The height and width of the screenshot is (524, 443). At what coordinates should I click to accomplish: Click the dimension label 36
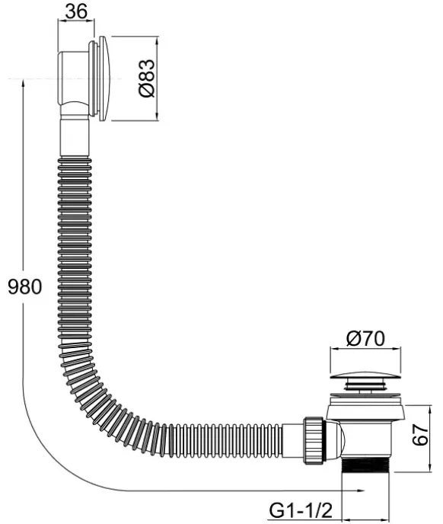tap(76, 11)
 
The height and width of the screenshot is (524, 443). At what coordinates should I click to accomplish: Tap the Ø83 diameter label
tap(147, 78)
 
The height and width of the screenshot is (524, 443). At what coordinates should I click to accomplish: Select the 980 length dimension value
tap(25, 286)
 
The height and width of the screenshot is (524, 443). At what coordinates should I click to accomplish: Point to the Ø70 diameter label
tap(365, 338)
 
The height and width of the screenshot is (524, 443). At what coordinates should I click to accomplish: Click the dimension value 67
tap(420, 434)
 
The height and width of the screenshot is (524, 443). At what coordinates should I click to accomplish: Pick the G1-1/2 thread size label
tap(301, 510)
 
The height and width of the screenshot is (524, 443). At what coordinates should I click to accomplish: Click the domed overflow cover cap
tap(104, 78)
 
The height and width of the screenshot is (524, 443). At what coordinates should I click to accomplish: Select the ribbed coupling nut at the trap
tap(314, 440)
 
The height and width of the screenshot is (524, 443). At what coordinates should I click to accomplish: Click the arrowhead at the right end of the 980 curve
tap(361, 490)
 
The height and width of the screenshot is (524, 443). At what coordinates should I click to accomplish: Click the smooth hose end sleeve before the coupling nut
tap(292, 440)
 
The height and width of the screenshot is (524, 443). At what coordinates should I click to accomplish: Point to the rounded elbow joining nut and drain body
tap(334, 440)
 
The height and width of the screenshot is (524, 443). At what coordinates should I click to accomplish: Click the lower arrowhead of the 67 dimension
tap(430, 468)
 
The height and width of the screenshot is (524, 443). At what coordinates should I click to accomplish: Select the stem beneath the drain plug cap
tap(365, 385)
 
